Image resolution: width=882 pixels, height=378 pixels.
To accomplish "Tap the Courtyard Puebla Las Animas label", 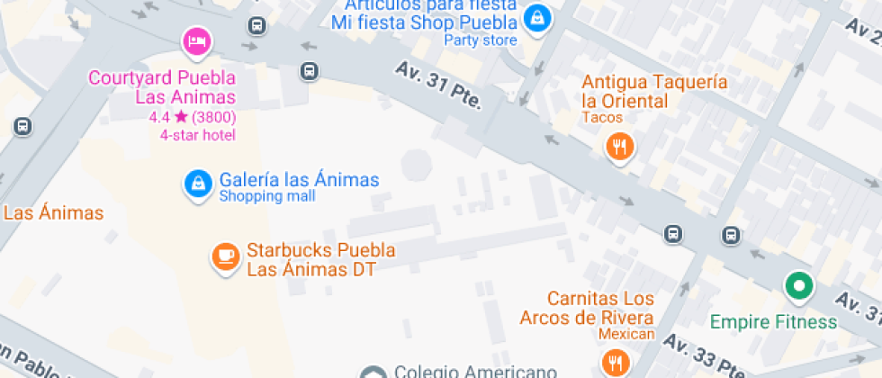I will [x=162, y=87].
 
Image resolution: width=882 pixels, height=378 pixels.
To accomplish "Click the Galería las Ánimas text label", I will [x=299, y=179].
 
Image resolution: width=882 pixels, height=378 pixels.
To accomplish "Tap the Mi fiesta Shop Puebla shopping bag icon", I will [x=537, y=17].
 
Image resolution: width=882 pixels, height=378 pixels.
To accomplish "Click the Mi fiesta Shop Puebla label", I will [x=424, y=22].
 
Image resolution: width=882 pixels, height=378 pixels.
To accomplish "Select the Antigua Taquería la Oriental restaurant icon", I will [x=617, y=145].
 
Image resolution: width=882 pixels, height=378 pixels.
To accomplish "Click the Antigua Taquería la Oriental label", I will [x=653, y=91].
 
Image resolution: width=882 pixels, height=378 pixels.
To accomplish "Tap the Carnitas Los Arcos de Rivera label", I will [x=586, y=308].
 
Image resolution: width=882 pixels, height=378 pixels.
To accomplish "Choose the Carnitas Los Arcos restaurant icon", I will [x=616, y=362].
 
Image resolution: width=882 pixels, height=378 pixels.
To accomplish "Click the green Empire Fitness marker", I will [x=796, y=288].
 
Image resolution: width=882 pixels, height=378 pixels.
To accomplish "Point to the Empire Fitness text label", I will [x=774, y=321].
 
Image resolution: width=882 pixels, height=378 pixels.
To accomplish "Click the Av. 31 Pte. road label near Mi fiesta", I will [x=438, y=86].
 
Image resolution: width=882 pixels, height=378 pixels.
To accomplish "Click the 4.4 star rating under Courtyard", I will [x=193, y=117].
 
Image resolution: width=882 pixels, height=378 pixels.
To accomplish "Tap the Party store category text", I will [x=481, y=40].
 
